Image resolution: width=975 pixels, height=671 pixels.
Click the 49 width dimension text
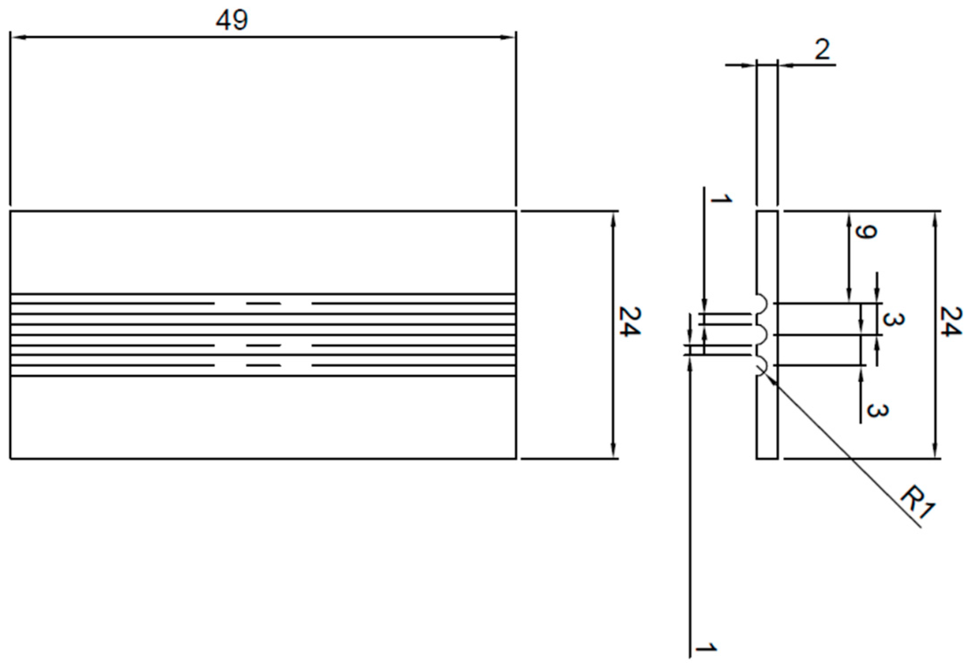click(232, 20)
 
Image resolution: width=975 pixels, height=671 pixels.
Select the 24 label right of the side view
click(950, 321)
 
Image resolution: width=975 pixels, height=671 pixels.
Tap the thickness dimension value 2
click(822, 49)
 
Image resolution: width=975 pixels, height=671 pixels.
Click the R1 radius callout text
click(918, 503)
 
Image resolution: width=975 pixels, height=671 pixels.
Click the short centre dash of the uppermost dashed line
click(263, 304)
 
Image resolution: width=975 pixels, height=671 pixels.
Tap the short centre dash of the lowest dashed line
click(263, 366)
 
